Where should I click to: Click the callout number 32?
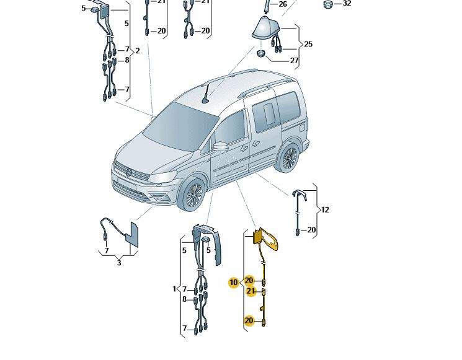pos(347,4)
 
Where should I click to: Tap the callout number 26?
pos(283,4)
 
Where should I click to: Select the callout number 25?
pos(308,44)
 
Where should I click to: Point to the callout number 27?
pos(295,60)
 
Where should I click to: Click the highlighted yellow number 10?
pos(233,283)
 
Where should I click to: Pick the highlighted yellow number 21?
pos(251,291)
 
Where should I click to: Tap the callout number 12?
pos(325,210)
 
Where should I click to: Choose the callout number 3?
pos(119,262)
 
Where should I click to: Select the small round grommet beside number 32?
pos(327,4)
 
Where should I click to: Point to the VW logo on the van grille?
pos(128,172)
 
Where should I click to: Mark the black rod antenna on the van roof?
pos(206,94)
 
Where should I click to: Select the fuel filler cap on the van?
pos(301,128)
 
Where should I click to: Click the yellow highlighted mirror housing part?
pos(266,239)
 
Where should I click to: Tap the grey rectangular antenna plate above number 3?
pos(132,235)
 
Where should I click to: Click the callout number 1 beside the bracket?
pos(175,289)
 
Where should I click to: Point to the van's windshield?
pos(180,125)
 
